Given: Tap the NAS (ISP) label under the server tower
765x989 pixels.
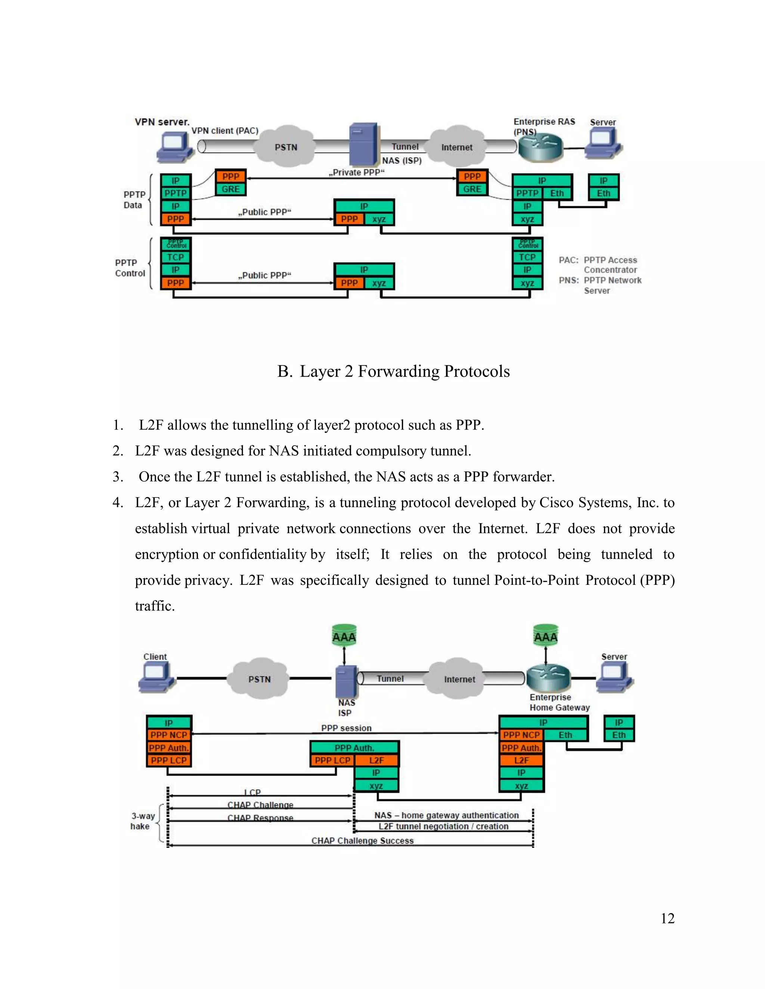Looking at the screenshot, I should pyautogui.click(x=402, y=161).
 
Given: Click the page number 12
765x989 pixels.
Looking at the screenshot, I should pyautogui.click(x=667, y=918).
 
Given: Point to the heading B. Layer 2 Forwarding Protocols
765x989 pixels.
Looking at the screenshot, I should pyautogui.click(x=393, y=371).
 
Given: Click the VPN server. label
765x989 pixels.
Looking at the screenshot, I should pyautogui.click(x=162, y=122).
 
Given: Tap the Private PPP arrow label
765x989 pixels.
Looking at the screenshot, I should pyautogui.click(x=356, y=172).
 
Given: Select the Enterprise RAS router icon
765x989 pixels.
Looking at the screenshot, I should pyautogui.click(x=540, y=147).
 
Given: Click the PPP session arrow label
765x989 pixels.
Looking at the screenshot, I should pyautogui.click(x=346, y=728).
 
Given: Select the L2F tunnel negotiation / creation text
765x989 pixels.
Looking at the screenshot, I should pyautogui.click(x=443, y=826).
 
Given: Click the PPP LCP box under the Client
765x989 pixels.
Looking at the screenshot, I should pyautogui.click(x=168, y=760).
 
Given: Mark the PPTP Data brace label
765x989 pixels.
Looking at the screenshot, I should pyautogui.click(x=134, y=200).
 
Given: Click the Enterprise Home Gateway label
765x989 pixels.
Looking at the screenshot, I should pyautogui.click(x=559, y=702).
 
